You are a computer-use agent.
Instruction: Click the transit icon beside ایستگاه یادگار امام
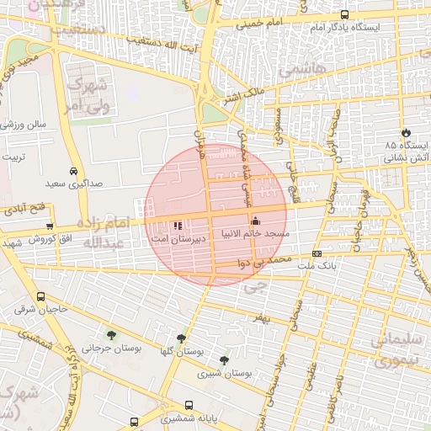[344, 14]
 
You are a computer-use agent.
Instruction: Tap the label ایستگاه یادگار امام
[345, 28]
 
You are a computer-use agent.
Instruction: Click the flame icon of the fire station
[406, 132]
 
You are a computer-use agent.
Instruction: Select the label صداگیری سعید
[73, 183]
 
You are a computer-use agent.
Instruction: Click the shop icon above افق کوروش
[50, 226]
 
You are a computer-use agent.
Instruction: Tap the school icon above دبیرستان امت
[177, 226]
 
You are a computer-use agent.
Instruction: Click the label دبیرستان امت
[176, 239]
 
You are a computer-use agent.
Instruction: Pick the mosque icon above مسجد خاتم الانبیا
[255, 221]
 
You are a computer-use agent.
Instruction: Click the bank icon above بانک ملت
[317, 253]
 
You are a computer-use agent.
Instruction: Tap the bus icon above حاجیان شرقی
[41, 297]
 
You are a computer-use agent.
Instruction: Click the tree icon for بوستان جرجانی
[111, 336]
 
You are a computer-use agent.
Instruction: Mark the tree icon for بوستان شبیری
[223, 360]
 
